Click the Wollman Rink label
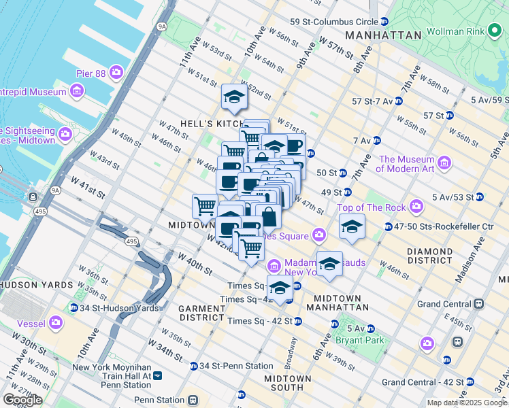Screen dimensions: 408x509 point(455,33)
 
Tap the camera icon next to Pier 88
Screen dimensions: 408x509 point(116,71)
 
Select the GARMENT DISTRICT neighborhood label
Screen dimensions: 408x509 point(201,313)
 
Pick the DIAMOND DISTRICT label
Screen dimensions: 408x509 point(429,256)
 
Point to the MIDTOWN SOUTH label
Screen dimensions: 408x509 point(288,383)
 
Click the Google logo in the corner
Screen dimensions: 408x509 point(22,400)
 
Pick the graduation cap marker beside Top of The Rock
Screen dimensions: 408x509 point(352,227)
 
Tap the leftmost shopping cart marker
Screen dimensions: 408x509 point(205,205)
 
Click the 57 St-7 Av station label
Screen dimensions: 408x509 point(374,101)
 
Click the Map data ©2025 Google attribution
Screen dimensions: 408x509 point(467,403)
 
